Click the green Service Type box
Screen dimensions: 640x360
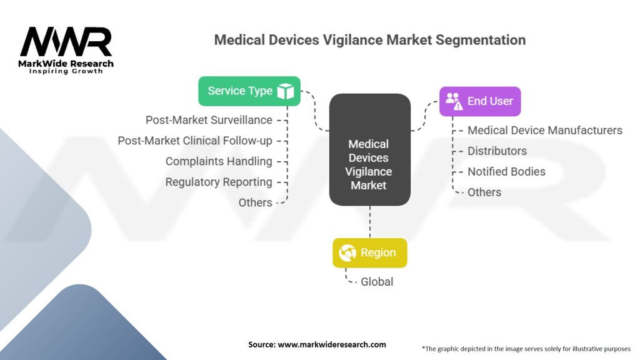point(249,91)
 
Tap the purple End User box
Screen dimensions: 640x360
point(480,101)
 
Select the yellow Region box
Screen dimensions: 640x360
point(370,252)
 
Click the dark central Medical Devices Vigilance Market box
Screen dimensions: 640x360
point(370,150)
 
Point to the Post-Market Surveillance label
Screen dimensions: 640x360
point(209,120)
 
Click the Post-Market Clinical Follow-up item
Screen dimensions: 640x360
point(195,141)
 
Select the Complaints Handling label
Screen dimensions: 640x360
point(219,162)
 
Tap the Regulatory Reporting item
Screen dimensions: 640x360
point(219,182)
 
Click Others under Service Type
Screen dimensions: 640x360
point(256,202)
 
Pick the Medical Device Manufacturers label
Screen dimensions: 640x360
point(545,130)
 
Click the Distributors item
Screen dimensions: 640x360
point(497,151)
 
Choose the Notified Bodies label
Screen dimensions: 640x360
point(506,171)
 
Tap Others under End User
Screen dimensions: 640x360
point(484,192)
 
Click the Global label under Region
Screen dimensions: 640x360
point(377,282)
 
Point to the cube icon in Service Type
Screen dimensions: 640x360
point(285,91)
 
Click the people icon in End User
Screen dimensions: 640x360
point(454,101)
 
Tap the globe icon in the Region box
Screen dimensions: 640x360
point(347,252)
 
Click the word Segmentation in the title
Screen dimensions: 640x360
point(481,40)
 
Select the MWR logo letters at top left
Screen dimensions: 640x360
point(66,42)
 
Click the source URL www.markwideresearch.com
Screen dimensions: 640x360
point(332,344)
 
